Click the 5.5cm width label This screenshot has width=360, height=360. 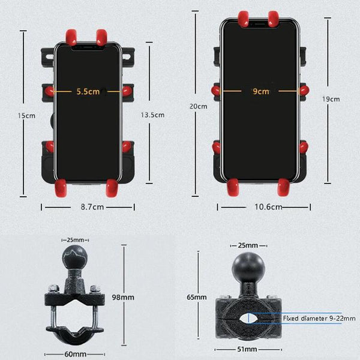point(88,92)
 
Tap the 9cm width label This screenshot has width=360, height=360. point(261,91)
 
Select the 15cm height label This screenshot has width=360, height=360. point(26,115)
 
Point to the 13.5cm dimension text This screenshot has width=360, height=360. point(152,115)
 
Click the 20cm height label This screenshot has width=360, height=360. point(199,106)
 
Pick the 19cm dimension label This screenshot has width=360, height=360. point(331,99)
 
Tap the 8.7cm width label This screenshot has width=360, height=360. point(92,207)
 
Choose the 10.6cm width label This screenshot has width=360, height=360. point(268,207)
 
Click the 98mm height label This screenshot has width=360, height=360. point(123,298)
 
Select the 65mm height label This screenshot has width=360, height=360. point(197,297)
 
